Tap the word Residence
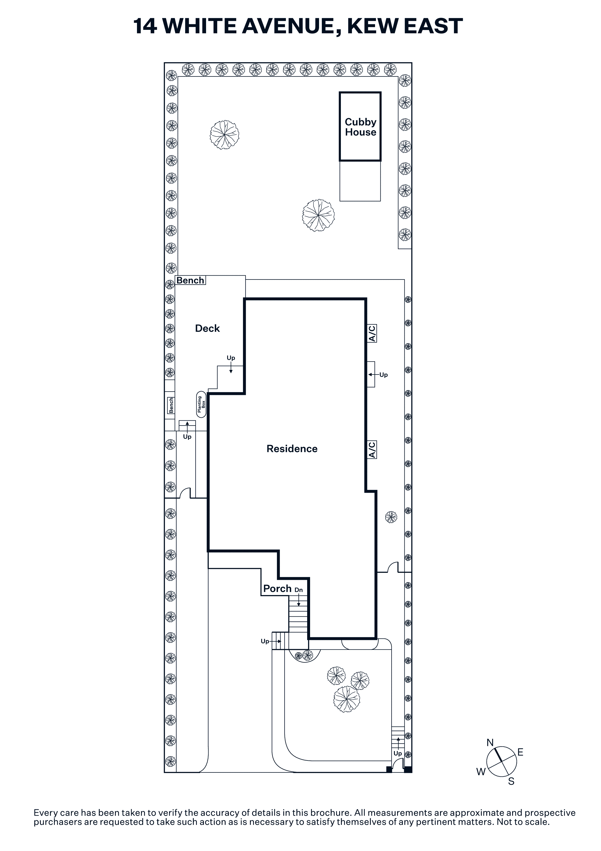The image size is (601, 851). coord(292,449)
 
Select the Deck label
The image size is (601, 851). coord(207,328)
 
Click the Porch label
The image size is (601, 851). coord(277,589)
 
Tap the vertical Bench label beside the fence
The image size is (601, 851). coord(171,405)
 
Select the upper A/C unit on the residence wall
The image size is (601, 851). coord(372,333)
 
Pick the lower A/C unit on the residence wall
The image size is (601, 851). coord(372,449)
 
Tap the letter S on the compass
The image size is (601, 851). coord(511,781)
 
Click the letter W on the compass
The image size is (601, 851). coord(481,772)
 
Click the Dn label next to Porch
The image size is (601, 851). coord(298,590)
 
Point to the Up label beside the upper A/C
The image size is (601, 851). coord(384,375)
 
